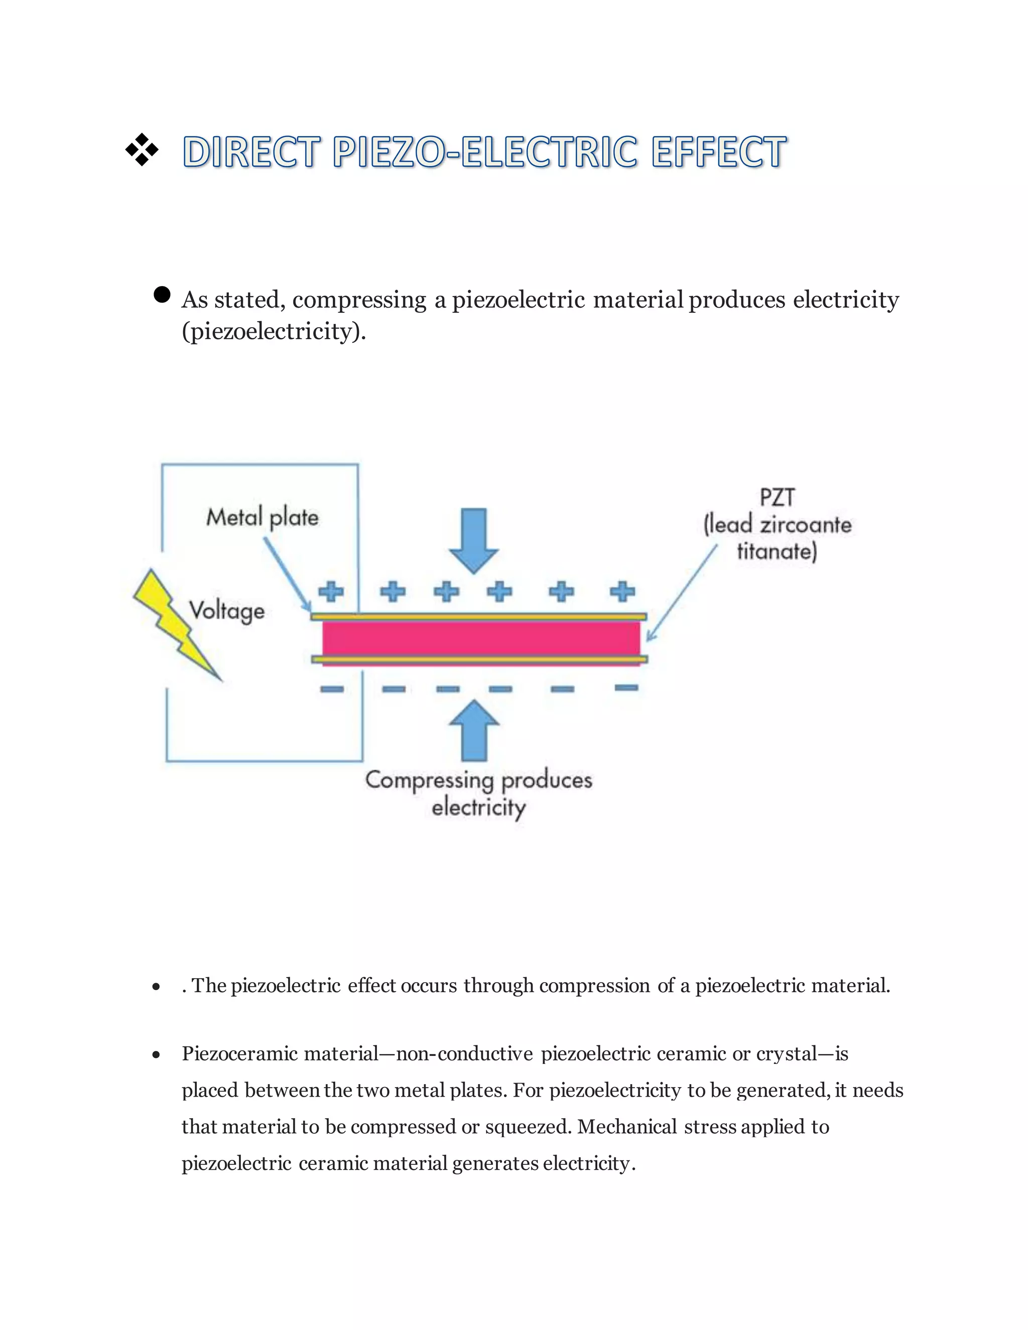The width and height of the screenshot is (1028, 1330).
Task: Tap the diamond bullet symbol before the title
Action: pos(141,150)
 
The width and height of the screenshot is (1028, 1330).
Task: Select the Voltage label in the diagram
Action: pos(226,610)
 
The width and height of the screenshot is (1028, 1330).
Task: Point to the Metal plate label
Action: pos(262,517)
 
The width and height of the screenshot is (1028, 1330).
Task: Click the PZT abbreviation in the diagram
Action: pos(777,497)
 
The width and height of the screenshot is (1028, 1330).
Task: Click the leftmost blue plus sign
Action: pos(331,591)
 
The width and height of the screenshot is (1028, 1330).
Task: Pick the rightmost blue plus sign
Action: pos(622,591)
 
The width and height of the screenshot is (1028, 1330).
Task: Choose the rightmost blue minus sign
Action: pos(626,688)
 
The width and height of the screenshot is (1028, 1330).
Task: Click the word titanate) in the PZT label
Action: pos(777,552)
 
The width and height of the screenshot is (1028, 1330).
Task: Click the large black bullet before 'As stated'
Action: pos(162,295)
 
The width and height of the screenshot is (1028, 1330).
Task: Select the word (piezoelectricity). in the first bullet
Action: pos(274,331)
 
